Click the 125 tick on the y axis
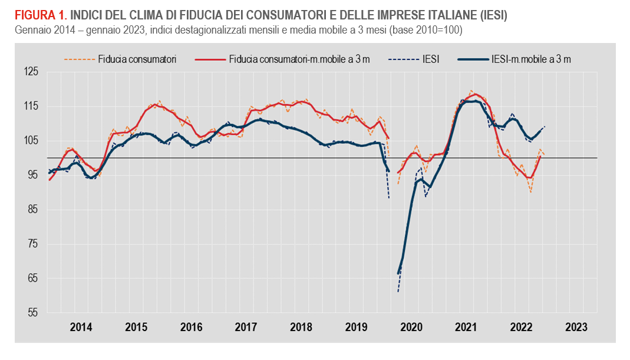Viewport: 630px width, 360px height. [31, 72]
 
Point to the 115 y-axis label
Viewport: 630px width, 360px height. [31, 106]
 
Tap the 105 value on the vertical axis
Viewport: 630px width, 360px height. [31, 140]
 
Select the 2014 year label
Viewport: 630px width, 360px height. [81, 327]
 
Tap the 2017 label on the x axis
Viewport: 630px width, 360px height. [246, 327]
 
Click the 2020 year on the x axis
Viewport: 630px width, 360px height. [411, 327]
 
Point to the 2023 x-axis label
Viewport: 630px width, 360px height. [576, 327]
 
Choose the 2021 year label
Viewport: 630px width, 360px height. [466, 327]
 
